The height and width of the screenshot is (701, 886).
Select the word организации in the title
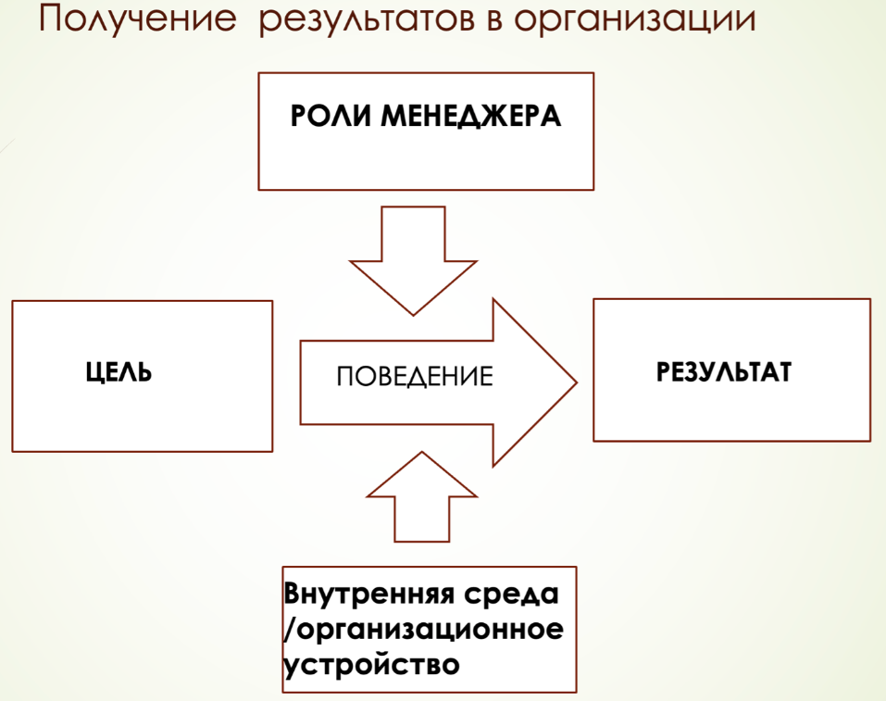634,21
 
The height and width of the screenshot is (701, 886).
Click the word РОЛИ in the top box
331,117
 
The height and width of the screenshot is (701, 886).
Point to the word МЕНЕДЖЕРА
470,117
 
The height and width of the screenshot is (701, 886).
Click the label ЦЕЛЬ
119,372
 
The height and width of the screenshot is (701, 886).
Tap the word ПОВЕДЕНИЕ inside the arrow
415,377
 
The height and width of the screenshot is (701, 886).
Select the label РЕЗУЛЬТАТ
724,372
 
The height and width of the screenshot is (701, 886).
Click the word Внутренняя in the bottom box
369,594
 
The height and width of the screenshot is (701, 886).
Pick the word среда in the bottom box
511,594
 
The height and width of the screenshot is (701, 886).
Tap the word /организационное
424,629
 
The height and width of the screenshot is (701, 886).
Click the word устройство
372,664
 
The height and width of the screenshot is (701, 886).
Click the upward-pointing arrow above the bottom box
422,496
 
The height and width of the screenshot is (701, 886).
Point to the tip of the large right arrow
577,382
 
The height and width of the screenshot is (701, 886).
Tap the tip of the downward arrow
414,315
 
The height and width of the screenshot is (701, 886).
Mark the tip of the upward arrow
422,452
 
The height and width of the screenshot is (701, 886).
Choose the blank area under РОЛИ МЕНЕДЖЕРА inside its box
426,161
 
